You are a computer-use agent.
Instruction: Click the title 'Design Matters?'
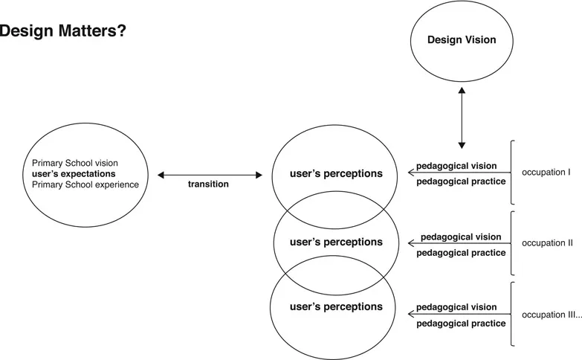[x=62, y=32]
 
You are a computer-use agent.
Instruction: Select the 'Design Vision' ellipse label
[x=461, y=39]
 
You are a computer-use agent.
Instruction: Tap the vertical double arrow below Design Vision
[x=462, y=117]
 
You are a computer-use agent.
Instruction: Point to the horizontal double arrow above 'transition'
[x=210, y=175]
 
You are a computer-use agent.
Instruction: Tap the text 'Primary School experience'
[x=85, y=184]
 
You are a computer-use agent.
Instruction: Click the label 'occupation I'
[x=546, y=173]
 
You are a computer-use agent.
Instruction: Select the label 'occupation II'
[x=547, y=242]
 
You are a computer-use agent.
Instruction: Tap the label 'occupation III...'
[x=552, y=315]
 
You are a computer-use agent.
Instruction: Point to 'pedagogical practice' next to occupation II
[x=461, y=253]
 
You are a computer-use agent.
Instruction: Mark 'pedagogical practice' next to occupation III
[x=461, y=324]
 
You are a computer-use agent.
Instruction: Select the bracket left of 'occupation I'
[x=513, y=172]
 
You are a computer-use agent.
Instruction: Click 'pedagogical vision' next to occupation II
[x=461, y=237]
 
